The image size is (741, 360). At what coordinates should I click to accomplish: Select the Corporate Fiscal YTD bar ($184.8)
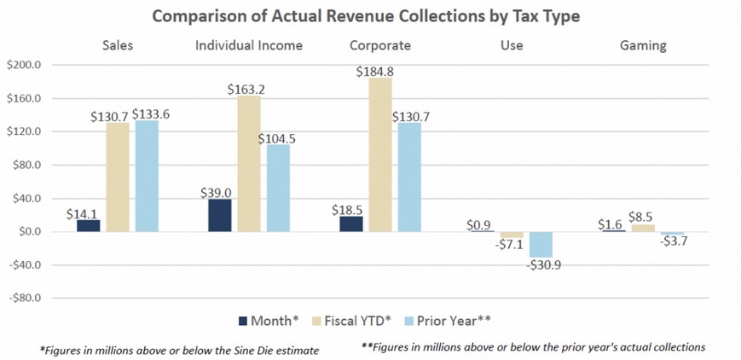tap(380, 154)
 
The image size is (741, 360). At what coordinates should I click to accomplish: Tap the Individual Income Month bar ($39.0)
tap(219, 215)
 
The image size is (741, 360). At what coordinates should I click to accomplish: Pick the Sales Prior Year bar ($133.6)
tap(147, 176)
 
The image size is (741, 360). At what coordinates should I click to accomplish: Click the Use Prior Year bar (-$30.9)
tap(541, 244)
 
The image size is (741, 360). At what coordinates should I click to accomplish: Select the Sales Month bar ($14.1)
tap(88, 225)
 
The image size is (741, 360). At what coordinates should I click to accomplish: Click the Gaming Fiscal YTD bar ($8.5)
tap(642, 228)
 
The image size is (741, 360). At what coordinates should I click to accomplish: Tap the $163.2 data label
tap(248, 88)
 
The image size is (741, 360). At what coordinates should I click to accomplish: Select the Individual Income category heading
tap(248, 45)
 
